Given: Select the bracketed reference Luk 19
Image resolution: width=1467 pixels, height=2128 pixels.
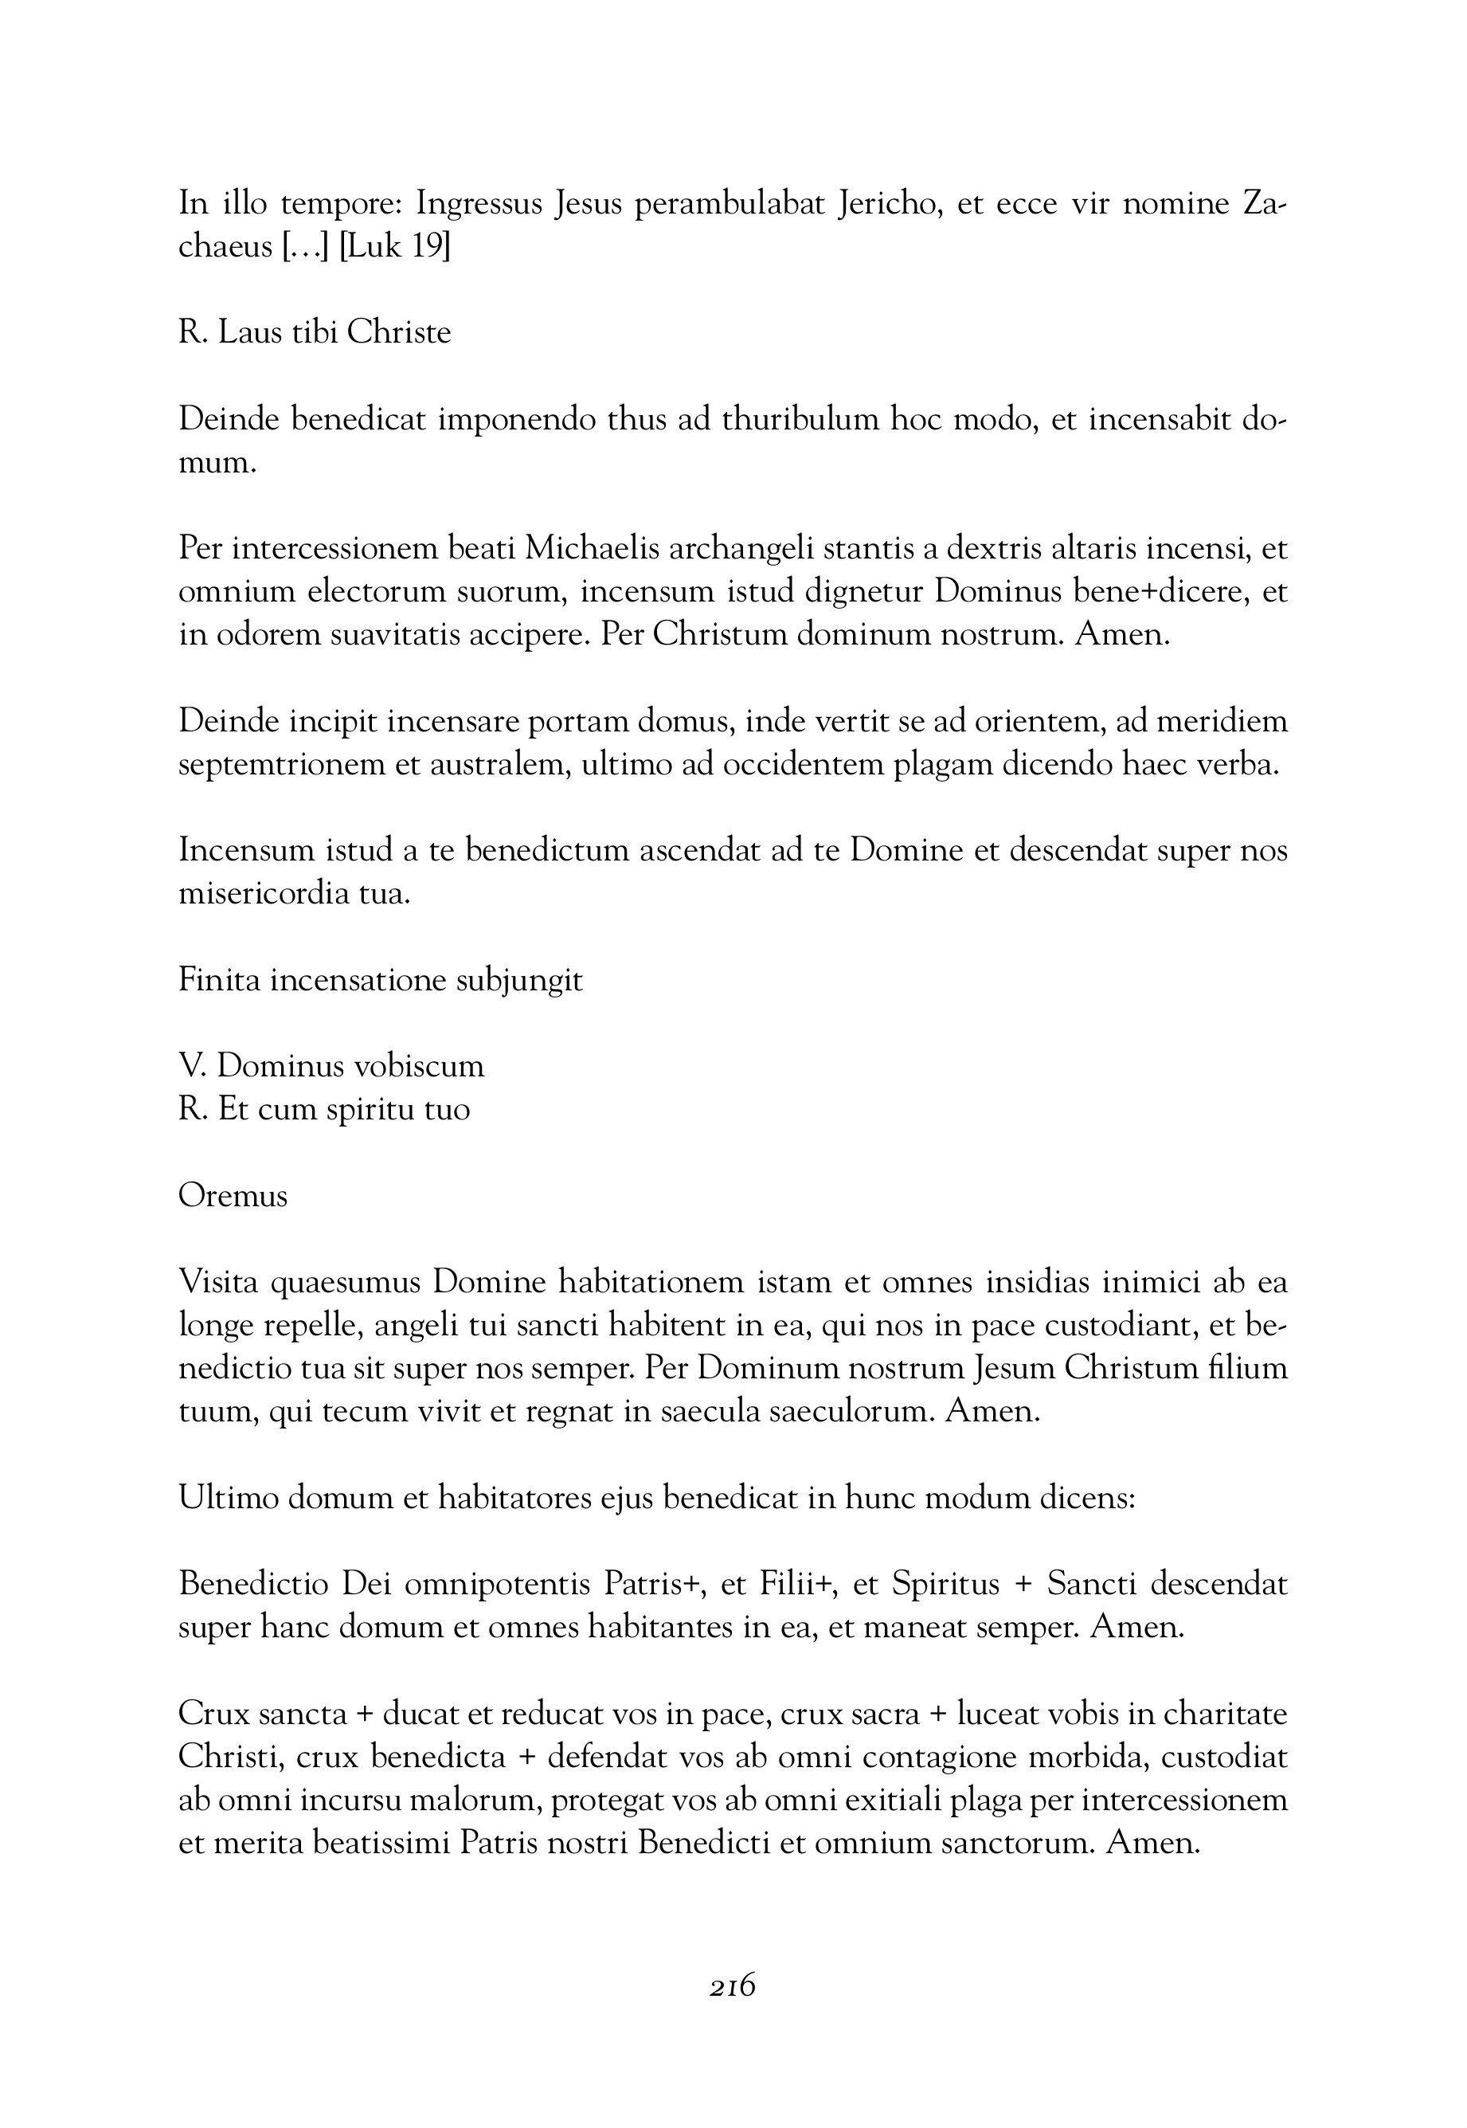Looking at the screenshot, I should click(394, 247).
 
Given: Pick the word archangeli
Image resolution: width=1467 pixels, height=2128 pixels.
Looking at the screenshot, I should click(741, 549).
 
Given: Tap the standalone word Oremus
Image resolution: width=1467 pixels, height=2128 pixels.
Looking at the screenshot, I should click(233, 1196).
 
